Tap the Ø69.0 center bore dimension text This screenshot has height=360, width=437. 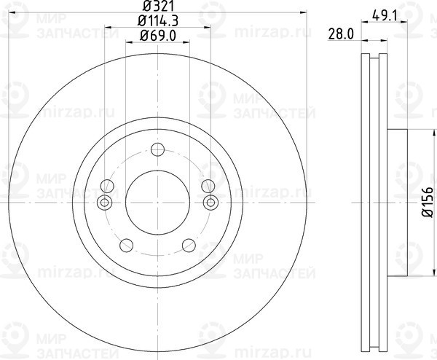(157, 35)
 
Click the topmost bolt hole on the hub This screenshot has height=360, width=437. (157, 150)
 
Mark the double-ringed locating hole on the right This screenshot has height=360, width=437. (211, 202)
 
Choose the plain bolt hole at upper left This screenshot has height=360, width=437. (107, 184)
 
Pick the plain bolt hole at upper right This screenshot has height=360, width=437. (208, 184)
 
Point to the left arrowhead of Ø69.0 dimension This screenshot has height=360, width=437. (129, 42)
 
